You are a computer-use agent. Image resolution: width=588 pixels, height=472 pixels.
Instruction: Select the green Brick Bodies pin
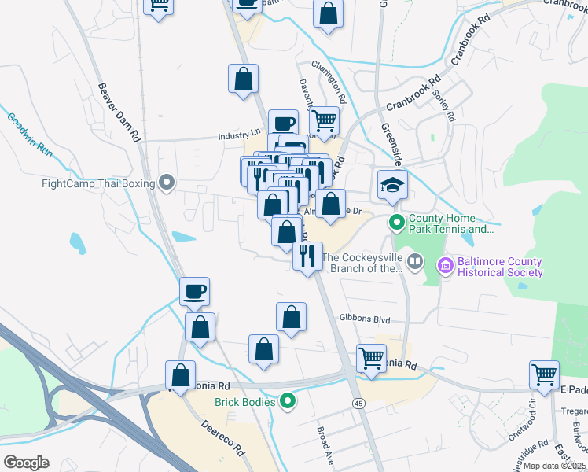[x=288, y=402]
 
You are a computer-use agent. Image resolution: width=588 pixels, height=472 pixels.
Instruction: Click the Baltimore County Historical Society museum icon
[x=447, y=266]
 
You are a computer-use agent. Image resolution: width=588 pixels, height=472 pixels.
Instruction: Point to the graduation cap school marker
[x=392, y=184]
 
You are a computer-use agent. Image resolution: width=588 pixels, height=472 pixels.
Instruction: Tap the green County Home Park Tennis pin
[x=397, y=223]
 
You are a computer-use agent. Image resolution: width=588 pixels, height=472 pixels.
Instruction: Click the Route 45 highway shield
[x=358, y=404]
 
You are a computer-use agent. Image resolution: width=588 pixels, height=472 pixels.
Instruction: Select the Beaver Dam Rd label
[x=119, y=112]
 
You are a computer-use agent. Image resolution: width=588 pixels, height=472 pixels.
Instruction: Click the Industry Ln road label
[x=239, y=135]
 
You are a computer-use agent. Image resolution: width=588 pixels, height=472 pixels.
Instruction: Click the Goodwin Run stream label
[x=29, y=135]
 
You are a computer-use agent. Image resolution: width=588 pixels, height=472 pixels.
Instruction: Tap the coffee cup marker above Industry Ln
[x=283, y=124]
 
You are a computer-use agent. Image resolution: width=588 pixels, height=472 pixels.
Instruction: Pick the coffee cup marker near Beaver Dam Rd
[x=194, y=292]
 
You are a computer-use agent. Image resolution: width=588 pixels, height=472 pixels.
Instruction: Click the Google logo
[x=26, y=463]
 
